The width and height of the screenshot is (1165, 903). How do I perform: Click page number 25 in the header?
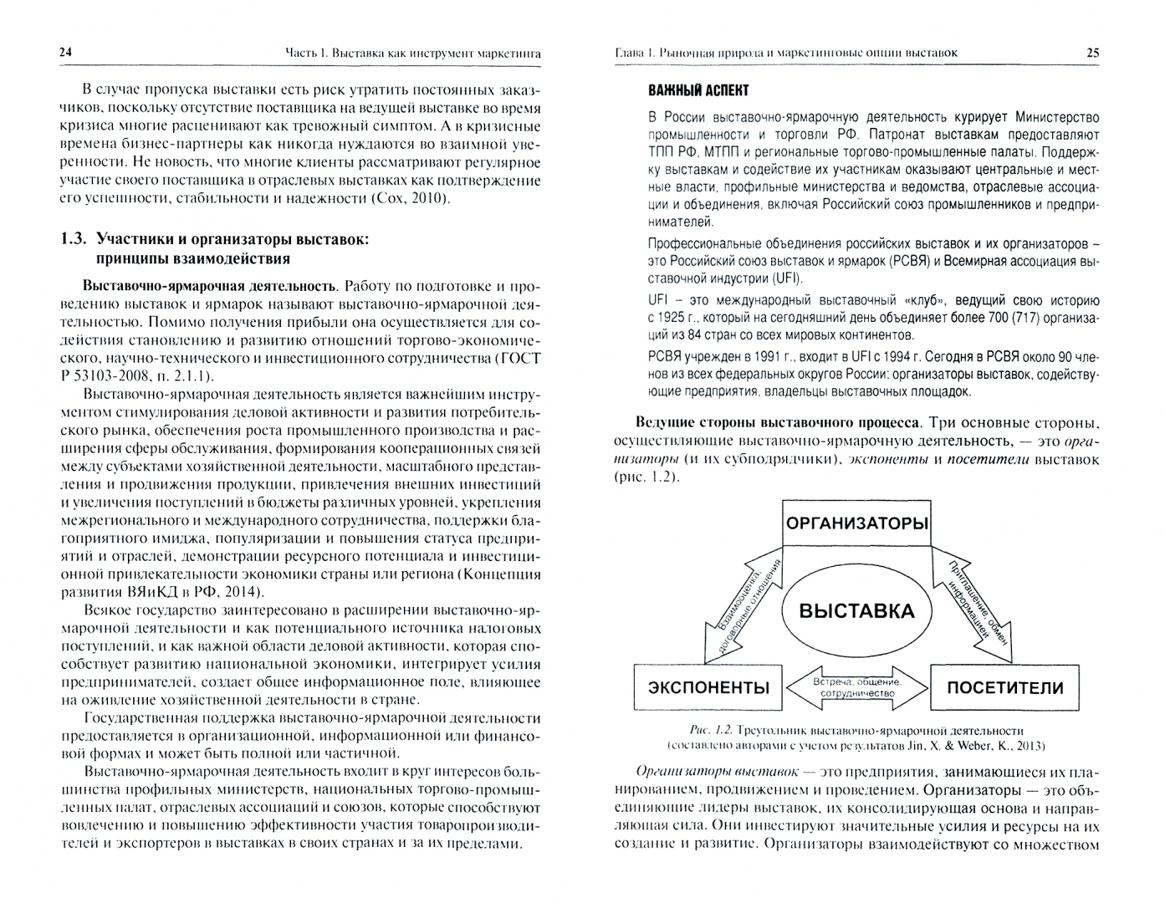click(1092, 53)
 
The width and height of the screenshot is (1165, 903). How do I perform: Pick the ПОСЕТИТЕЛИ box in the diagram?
click(1004, 688)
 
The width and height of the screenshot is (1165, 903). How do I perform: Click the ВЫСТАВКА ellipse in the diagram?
click(856, 610)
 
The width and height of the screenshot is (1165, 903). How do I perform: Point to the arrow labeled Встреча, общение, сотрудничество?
click(856, 687)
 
